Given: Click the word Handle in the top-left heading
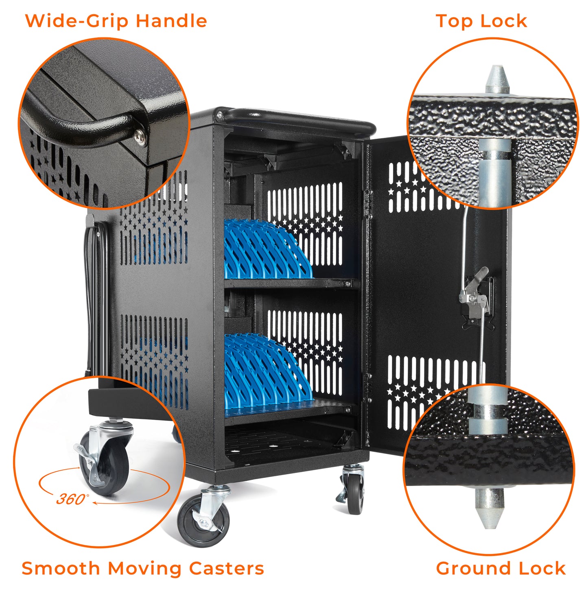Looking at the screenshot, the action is click(x=171, y=21).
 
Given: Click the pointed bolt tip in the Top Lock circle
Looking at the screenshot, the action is click(x=497, y=78).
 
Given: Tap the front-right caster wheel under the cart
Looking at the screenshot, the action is click(x=355, y=494).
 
